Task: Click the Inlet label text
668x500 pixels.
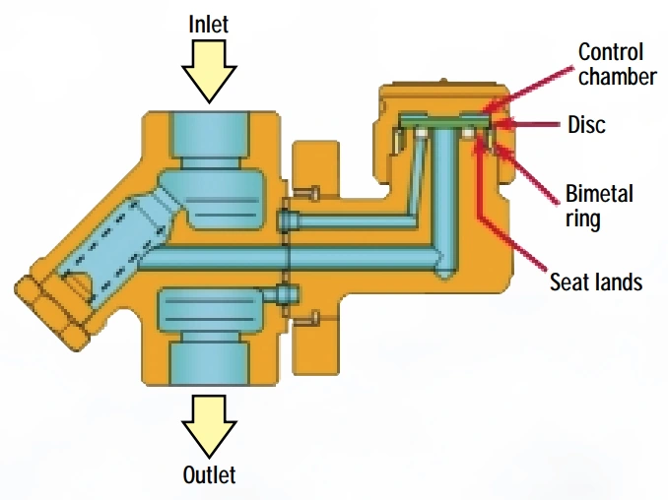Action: click(208, 25)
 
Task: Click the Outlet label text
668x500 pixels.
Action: click(209, 474)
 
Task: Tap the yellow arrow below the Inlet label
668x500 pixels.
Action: click(209, 71)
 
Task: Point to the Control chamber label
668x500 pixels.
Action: click(617, 64)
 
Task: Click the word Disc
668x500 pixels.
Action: click(586, 125)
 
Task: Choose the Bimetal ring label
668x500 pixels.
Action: click(599, 207)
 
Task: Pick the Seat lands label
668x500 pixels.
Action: click(596, 281)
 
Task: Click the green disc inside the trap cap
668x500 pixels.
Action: click(444, 121)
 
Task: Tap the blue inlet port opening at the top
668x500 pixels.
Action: click(209, 134)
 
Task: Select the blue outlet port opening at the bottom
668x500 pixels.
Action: click(209, 362)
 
